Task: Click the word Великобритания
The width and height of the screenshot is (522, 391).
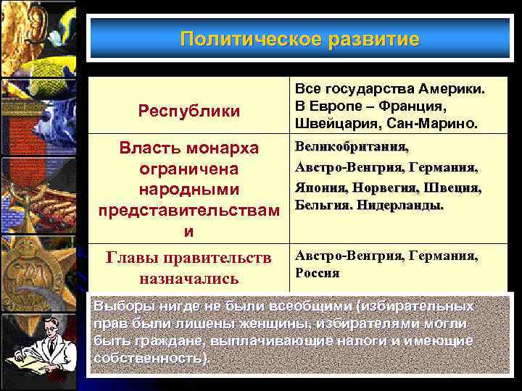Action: [352, 148]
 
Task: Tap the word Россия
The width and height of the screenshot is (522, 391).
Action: [318, 274]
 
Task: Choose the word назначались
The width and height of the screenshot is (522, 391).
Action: [189, 279]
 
